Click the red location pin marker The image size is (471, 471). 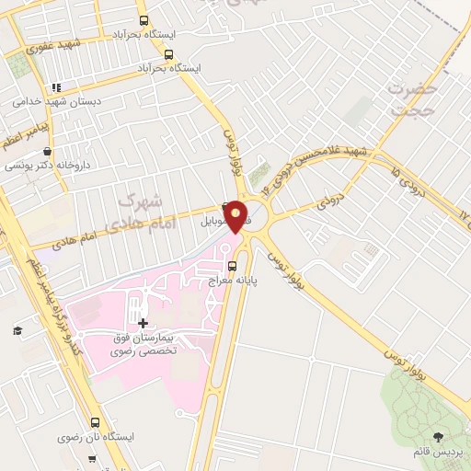pos(235,216)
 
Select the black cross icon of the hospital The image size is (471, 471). pos(143,323)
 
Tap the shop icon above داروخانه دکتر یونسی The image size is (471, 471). pos(47,152)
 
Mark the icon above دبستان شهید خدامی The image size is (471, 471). pos(56,88)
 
